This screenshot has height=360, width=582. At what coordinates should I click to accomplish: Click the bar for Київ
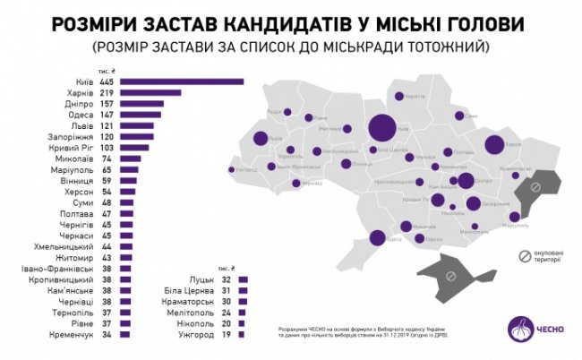(x=183, y=81)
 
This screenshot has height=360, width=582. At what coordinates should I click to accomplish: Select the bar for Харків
(x=151, y=92)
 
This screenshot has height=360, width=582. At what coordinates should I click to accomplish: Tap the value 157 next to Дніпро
(x=107, y=103)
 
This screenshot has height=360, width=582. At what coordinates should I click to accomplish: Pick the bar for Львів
(x=137, y=125)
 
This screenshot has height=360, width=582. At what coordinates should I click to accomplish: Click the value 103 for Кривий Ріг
(x=107, y=147)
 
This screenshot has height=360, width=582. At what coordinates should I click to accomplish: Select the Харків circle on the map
(x=494, y=145)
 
